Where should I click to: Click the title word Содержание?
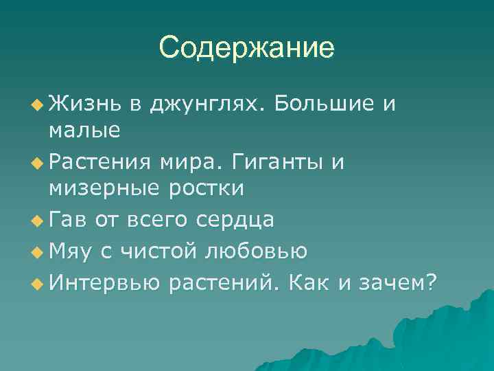tap(247, 47)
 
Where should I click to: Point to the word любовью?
tap(257, 252)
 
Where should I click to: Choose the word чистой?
tap(158, 252)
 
